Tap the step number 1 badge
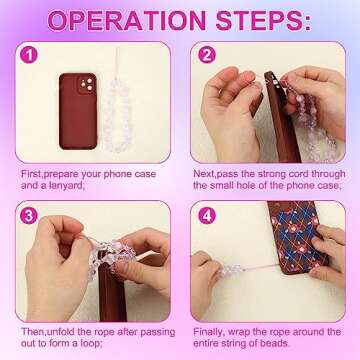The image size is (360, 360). point(31,57)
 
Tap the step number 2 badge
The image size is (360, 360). point(207,57)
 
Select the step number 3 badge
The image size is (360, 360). point(31,213)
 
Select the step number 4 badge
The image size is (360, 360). point(207,213)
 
